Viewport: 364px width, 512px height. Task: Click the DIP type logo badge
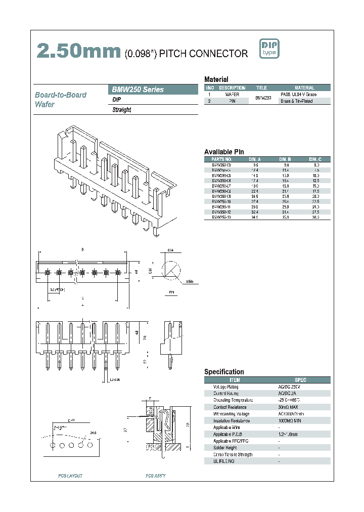(269, 49)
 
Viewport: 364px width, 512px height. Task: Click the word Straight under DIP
(122, 110)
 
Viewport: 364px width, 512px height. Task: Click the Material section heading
(216, 79)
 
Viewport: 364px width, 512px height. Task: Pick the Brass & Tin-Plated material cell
(297, 101)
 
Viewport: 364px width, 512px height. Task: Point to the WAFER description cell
(232, 95)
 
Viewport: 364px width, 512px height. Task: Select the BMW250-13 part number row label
(221, 217)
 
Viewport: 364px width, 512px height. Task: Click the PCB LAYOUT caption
(70, 476)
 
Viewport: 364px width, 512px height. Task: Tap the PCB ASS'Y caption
(155, 476)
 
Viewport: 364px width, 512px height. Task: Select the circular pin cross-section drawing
(171, 271)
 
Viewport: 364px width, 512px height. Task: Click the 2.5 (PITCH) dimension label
(57, 290)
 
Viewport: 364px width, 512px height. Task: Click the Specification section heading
(224, 372)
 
